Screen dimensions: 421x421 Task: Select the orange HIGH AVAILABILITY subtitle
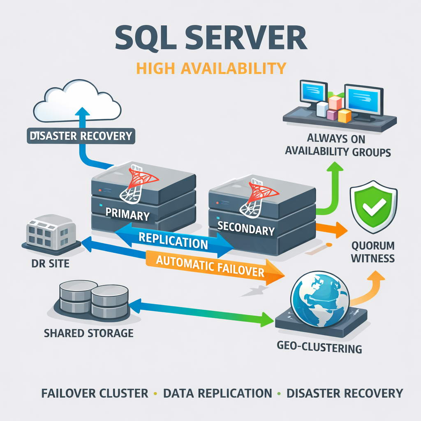[x=211, y=68]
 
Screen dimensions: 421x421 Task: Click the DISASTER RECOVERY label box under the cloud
[x=80, y=136]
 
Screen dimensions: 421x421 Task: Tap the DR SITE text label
[x=50, y=263]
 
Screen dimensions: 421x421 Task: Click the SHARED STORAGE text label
[x=88, y=333]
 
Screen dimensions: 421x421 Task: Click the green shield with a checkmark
[x=373, y=206]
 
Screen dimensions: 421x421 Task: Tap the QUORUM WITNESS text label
[x=373, y=252]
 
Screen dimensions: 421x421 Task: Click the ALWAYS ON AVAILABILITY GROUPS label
[x=338, y=145]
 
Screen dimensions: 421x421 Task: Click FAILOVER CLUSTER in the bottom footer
[x=95, y=393]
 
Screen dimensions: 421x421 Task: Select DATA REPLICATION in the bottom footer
[x=217, y=393]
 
